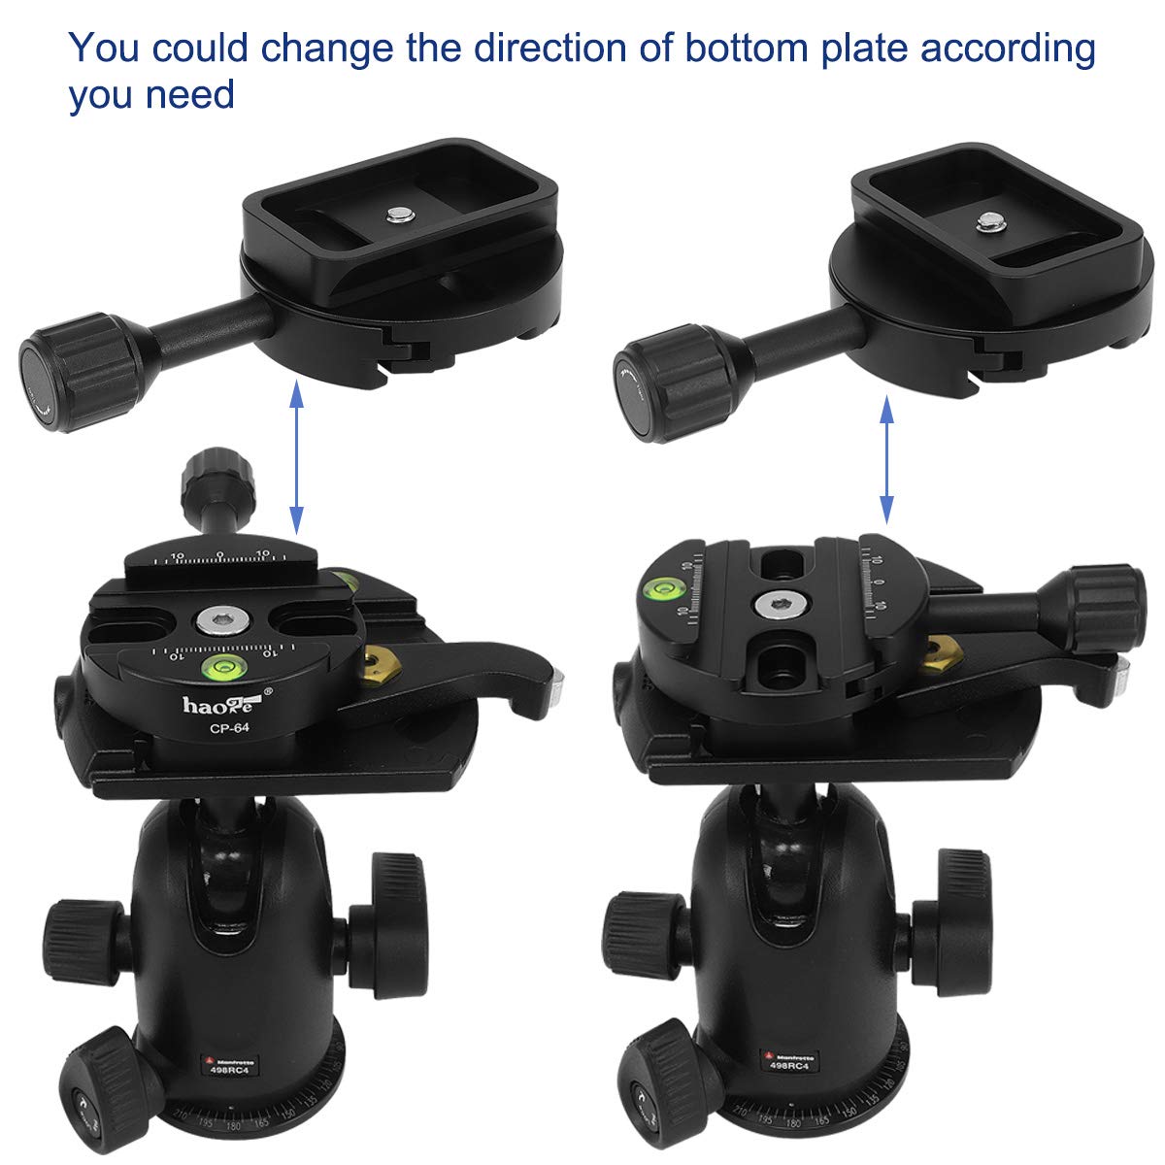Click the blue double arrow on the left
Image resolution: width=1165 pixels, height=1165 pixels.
coord(297,457)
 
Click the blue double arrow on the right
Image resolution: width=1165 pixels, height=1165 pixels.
coord(885,464)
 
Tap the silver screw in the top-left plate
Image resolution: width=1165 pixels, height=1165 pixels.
coord(396,213)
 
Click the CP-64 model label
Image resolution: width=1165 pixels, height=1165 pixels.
coord(225,724)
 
